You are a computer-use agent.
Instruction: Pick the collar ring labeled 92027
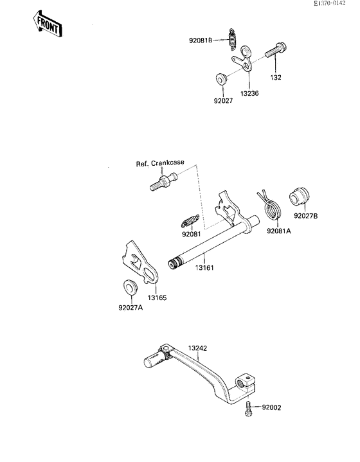(221, 79)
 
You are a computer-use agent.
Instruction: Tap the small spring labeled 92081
(188, 222)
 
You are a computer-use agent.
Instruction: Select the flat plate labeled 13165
(138, 265)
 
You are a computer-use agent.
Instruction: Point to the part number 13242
(197, 348)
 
